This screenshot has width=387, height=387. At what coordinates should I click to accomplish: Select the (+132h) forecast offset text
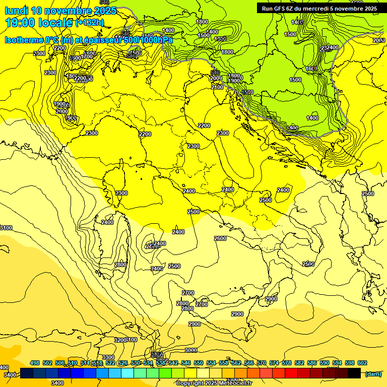click(x=90, y=23)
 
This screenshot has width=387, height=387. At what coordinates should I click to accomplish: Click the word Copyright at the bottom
click(x=192, y=383)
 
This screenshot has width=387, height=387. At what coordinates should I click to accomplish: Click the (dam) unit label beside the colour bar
click(x=372, y=374)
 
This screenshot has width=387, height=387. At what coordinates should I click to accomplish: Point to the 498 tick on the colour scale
click(x=35, y=363)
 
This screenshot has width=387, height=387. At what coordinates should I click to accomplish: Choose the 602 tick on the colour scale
click(x=362, y=363)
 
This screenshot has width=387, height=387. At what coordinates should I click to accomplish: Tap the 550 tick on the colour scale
click(x=199, y=363)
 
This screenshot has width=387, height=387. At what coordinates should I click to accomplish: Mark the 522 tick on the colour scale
click(x=110, y=363)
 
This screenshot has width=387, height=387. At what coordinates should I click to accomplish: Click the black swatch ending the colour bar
click(x=354, y=373)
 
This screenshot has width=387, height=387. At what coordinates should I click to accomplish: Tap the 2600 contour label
click(x=220, y=238)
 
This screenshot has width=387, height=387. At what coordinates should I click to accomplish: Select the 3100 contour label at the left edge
click(x=6, y=228)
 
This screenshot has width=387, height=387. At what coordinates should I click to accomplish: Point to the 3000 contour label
click(x=191, y=350)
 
